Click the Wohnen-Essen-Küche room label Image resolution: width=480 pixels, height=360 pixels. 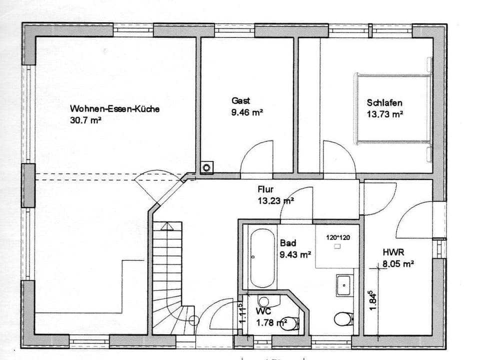click(x=115, y=108)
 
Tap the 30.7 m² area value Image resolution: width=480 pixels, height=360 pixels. click(x=86, y=120)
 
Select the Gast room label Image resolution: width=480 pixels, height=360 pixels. click(x=240, y=100)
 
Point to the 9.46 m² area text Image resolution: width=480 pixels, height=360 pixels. click(x=247, y=112)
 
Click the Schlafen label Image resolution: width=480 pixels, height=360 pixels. click(x=384, y=102)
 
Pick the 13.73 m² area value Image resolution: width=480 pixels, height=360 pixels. click(x=385, y=114)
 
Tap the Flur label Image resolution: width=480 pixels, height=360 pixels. click(x=265, y=189)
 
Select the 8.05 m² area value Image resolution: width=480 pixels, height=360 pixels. click(x=398, y=264)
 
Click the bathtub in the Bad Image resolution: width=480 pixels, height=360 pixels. click(x=262, y=257)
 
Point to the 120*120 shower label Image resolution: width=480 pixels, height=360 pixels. click(x=338, y=237)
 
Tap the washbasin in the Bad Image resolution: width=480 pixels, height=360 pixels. click(x=344, y=285)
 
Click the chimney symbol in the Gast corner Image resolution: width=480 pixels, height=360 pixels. click(x=206, y=167)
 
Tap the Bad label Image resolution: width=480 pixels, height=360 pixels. click(x=287, y=243)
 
